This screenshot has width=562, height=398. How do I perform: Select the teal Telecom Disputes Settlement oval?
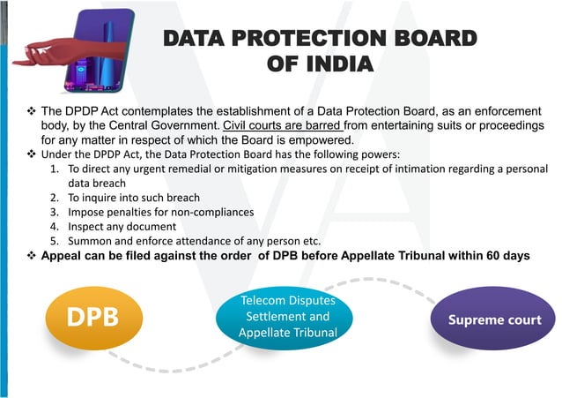pyautogui.click(x=287, y=317)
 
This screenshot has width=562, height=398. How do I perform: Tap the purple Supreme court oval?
pyautogui.click(x=494, y=319)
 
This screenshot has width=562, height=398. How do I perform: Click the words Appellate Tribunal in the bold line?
pyautogui.click(x=387, y=256)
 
